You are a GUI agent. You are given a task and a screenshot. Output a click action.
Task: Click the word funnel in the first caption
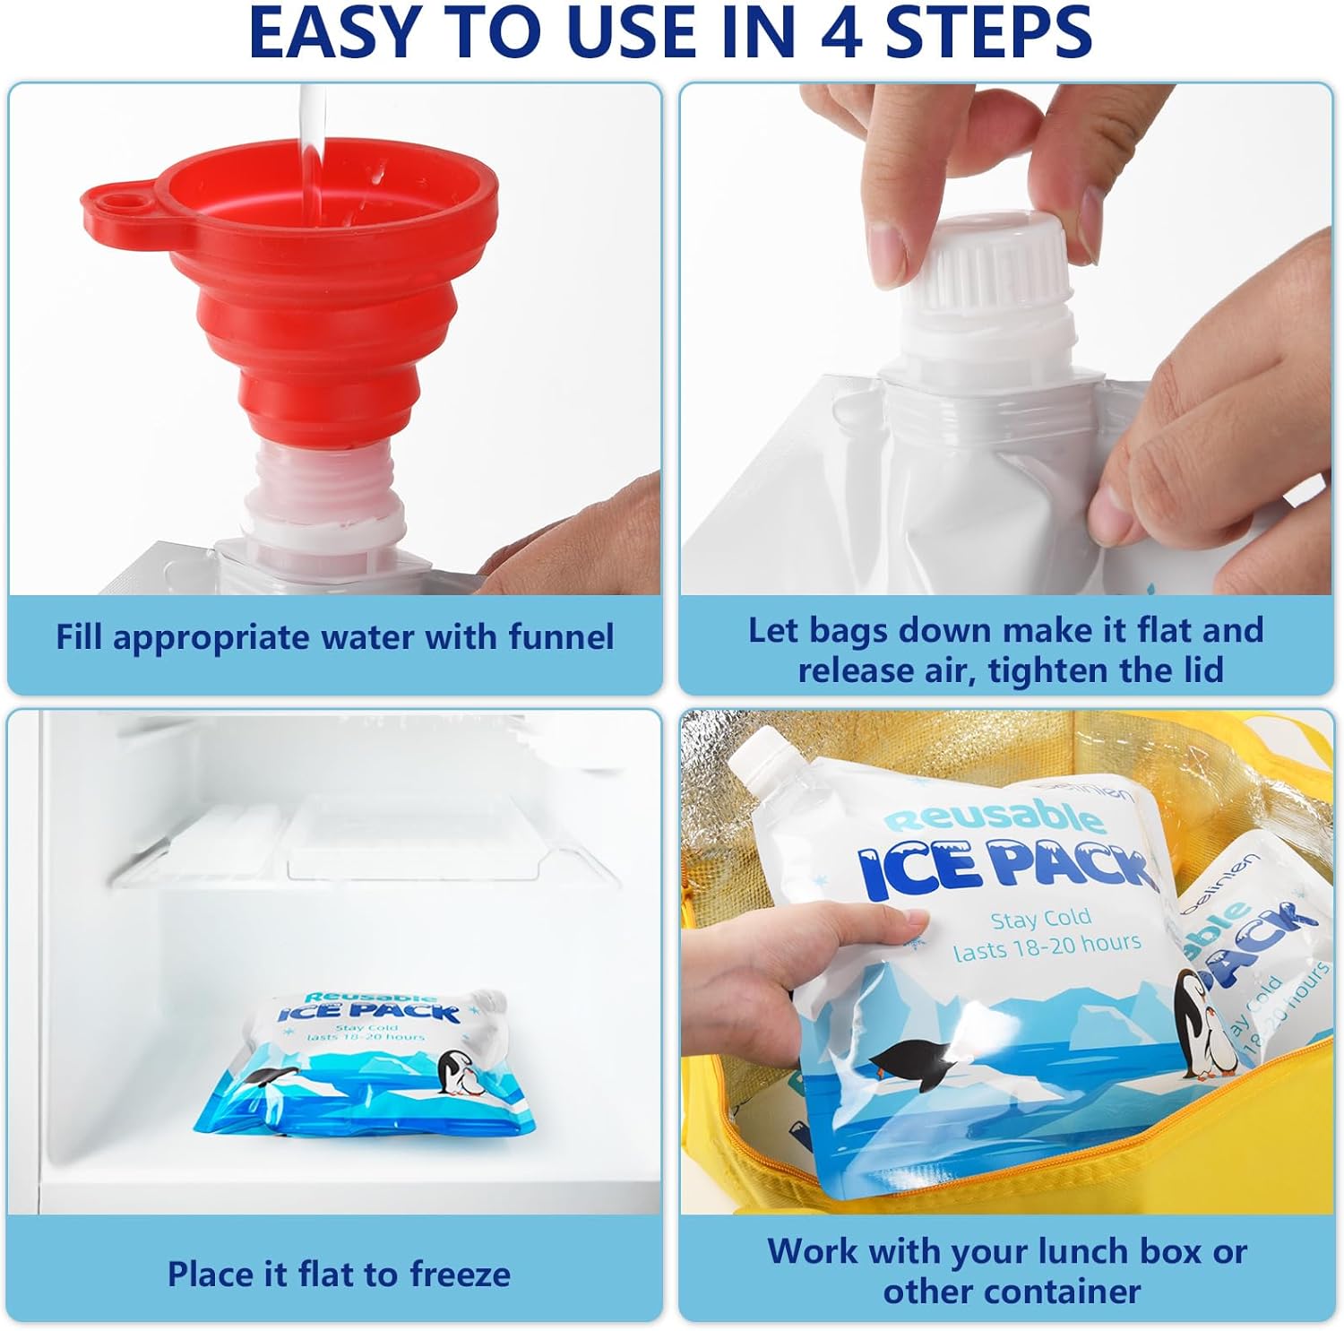[x=561, y=637]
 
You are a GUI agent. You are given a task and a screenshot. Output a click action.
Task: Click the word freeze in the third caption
[x=460, y=1274]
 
